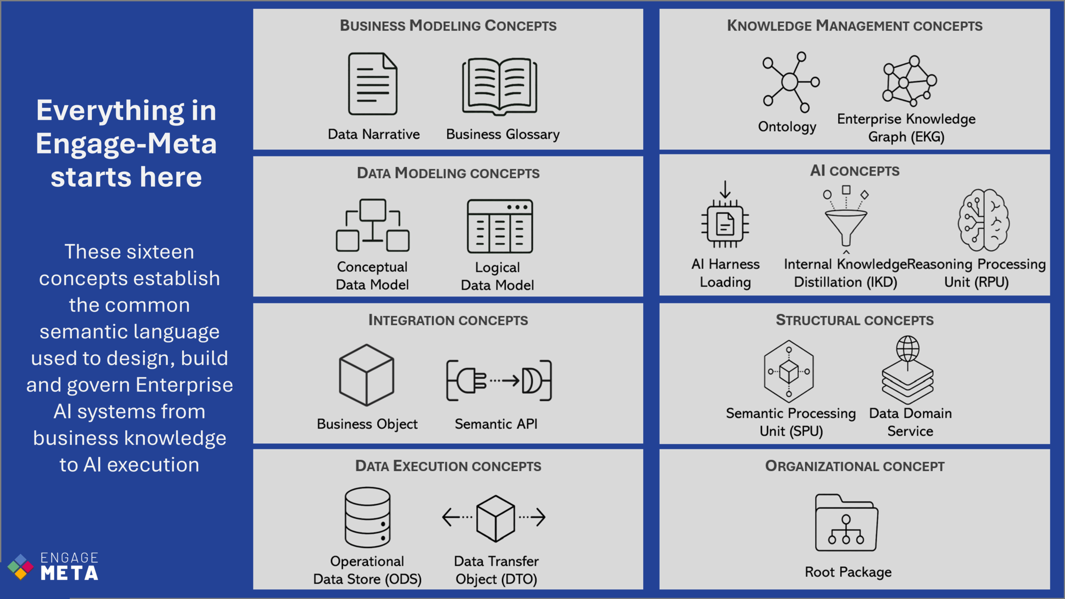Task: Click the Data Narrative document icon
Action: coord(373,84)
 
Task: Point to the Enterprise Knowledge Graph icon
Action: coord(909,81)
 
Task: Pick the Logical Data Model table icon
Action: coord(500,226)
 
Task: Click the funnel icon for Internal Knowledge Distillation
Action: coord(846,220)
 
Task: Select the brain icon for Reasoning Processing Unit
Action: coord(983,220)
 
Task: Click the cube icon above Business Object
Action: coord(367,375)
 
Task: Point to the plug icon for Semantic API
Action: coord(499,380)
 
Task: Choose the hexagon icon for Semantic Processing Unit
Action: coord(789,371)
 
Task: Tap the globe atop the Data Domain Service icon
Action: coord(908,348)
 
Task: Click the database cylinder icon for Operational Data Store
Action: coord(367,517)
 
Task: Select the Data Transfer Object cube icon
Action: coord(495,518)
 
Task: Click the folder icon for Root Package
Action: coord(846,523)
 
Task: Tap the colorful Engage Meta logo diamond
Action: coord(20,567)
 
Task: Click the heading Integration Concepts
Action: coord(448,320)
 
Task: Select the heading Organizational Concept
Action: coord(855,466)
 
